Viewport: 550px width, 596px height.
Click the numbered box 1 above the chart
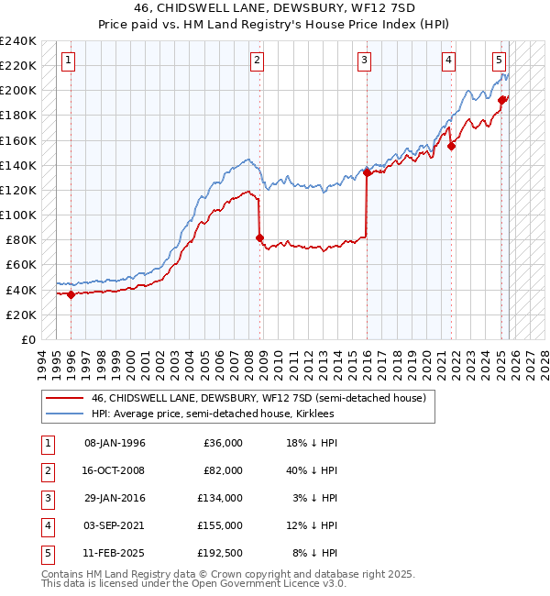point(70,61)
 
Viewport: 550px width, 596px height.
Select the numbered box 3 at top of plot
point(364,61)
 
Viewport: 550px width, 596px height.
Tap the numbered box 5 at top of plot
point(499,61)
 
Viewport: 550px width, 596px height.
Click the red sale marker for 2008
point(259,237)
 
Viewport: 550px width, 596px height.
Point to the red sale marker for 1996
point(71,294)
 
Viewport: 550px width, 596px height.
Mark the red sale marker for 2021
point(451,146)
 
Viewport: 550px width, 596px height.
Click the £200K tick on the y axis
point(17,91)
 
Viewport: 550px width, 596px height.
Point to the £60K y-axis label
point(20,265)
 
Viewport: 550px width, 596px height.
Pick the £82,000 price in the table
point(223,470)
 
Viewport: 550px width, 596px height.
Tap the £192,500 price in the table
point(219,553)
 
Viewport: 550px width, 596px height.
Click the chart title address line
point(274,10)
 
